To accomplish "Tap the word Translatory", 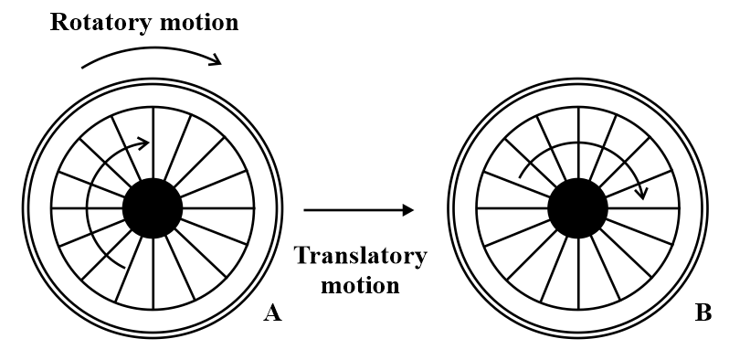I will click(360, 255).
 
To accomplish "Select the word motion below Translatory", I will click(360, 285).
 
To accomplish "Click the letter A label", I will click(271, 313).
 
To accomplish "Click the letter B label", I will click(703, 313).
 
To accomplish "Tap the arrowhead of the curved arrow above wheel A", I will click(216, 61).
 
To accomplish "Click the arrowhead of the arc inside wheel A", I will click(143, 143).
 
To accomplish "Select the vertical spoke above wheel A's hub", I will click(153, 142).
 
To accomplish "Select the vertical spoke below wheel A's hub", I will click(153, 274).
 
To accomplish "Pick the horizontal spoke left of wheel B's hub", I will click(512, 208).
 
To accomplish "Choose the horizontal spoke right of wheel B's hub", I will click(644, 208).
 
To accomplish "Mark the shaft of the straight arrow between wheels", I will click(352, 209).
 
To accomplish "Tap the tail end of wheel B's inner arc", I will click(519, 176).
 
